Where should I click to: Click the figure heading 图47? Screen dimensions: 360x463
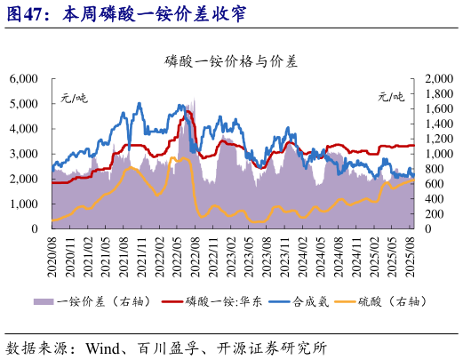pyautogui.click(x=27, y=15)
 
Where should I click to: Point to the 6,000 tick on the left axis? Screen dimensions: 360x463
pyautogui.click(x=23, y=79)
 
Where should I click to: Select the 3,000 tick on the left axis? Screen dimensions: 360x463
pyautogui.click(x=23, y=154)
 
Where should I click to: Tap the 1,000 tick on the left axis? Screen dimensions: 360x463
pyautogui.click(x=23, y=204)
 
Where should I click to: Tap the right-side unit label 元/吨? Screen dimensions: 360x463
pyautogui.click(x=390, y=96)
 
